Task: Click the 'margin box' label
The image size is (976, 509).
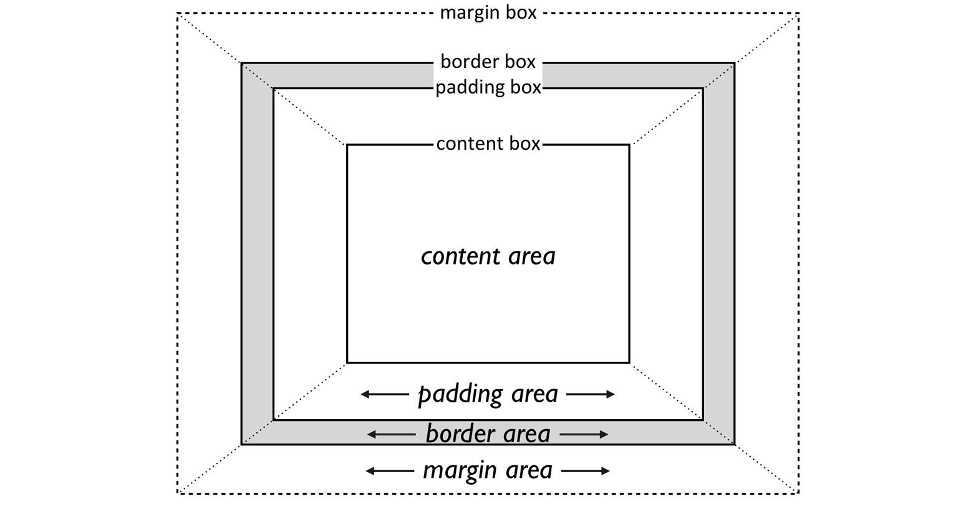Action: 488,12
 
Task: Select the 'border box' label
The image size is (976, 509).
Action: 488,62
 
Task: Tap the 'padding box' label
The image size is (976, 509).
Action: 488,87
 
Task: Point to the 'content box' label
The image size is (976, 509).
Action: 488,143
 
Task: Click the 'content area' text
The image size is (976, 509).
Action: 488,256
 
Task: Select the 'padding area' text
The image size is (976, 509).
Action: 488,394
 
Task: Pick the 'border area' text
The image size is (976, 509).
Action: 488,434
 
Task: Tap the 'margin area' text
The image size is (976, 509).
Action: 488,470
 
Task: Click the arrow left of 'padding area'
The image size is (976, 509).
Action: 385,394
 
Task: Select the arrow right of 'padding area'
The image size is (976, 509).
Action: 591,394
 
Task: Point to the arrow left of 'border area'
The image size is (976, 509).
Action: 391,434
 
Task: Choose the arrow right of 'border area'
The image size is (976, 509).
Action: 584,434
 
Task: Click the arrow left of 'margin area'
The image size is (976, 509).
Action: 390,471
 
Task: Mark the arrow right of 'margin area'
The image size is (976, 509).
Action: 586,471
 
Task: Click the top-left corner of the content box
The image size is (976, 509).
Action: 347,145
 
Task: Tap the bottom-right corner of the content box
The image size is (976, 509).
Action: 629,362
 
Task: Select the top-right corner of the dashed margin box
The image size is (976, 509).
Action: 798,13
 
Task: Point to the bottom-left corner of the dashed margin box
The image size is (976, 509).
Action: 178,493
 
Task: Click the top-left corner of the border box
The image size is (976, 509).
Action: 242,63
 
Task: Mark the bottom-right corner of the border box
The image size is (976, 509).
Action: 734,444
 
